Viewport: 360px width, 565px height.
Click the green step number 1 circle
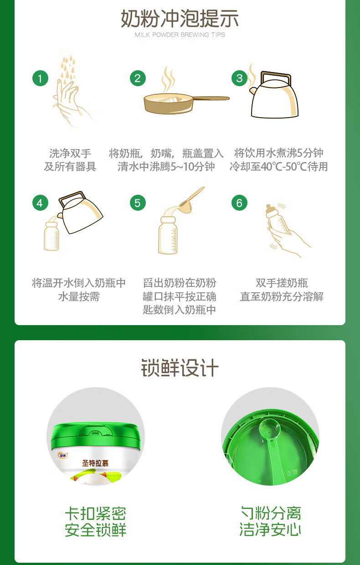(40, 78)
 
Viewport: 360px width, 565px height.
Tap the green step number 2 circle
(138, 78)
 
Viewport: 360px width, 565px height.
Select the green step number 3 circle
(240, 78)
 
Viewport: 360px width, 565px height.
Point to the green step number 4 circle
(40, 203)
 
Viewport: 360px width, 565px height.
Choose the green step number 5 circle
(138, 203)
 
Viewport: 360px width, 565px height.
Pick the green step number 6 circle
(240, 203)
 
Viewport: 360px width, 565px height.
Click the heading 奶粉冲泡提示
(180, 19)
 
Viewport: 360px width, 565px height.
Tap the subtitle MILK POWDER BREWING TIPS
(180, 35)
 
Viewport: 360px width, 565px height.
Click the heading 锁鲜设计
(180, 368)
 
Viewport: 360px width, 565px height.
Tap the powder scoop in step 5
(191, 196)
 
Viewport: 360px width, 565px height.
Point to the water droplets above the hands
(68, 68)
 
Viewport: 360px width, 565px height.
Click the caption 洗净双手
(70, 153)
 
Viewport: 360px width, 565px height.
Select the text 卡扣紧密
(95, 513)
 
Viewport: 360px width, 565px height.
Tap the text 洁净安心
(270, 529)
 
